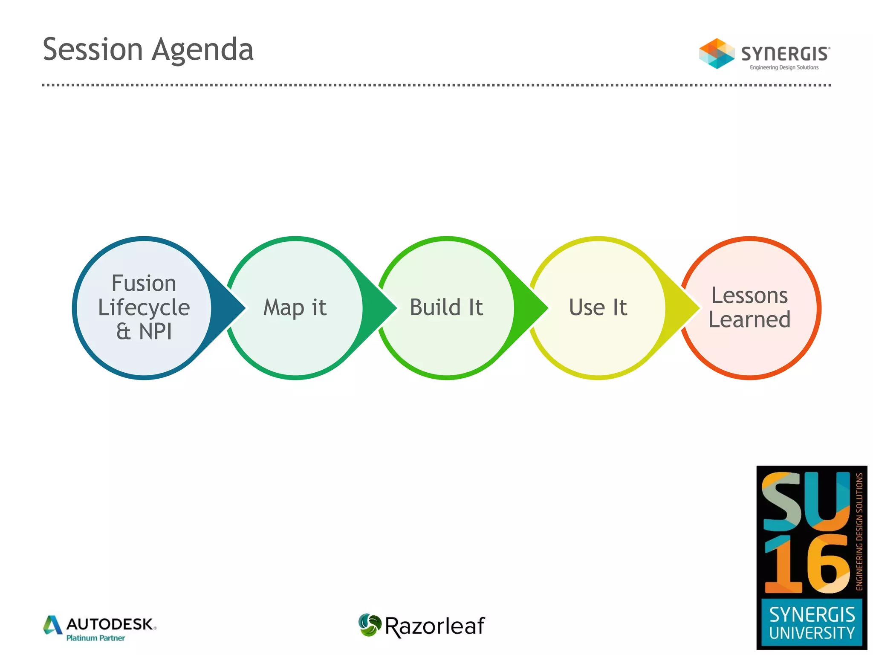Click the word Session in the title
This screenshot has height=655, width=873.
coord(93,49)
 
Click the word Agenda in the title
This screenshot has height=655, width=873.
coord(203,50)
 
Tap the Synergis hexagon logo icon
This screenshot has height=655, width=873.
coord(716,54)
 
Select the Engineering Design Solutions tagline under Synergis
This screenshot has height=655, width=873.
coord(784,67)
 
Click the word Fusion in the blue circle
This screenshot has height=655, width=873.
coord(144,283)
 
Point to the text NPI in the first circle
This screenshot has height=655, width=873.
coord(156,331)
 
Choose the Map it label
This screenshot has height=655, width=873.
coord(295,307)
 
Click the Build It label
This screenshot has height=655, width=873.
coord(446,307)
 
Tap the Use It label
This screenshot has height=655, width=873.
coord(598,307)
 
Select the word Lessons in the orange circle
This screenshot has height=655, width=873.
coord(749,296)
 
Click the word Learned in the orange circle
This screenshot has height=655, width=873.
coord(749,319)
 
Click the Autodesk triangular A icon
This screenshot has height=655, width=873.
coord(53,625)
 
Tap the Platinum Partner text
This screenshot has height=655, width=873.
coord(95,638)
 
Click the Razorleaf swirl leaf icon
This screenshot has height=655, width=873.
coord(369,625)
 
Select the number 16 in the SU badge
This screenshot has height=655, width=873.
coord(806,565)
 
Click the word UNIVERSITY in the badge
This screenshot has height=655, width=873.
coord(812,633)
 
